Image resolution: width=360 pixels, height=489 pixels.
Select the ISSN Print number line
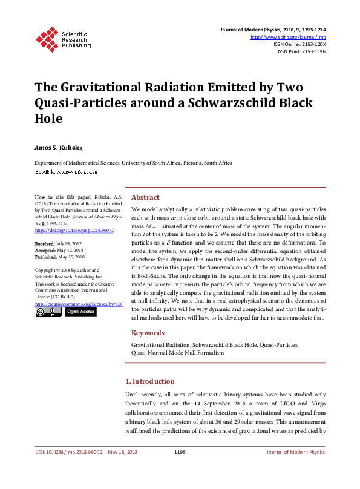click(x=301, y=52)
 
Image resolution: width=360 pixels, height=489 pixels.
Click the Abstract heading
click(x=145, y=198)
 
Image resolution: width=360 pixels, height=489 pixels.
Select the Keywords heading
click(x=148, y=333)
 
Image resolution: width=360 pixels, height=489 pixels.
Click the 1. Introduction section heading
click(x=149, y=382)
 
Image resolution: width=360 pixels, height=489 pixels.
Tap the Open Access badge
click(x=80, y=312)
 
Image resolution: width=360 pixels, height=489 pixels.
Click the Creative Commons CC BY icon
click(x=48, y=312)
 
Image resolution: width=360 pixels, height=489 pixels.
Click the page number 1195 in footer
click(x=180, y=452)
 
